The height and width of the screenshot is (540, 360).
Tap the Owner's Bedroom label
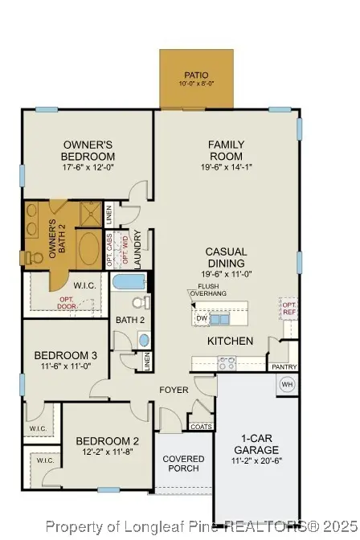[88, 150]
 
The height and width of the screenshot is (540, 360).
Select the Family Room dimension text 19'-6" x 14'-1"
[226, 167]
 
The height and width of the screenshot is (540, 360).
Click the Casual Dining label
[226, 257]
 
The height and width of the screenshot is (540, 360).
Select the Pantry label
[284, 367]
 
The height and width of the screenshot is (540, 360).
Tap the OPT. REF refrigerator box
[288, 309]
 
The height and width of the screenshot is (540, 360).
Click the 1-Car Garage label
[256, 444]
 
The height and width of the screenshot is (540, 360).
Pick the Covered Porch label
[184, 464]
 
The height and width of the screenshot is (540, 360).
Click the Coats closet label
[202, 427]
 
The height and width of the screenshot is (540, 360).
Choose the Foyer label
[174, 391]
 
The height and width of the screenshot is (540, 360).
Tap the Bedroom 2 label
[108, 440]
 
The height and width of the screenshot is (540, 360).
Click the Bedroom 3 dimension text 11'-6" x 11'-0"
[66, 366]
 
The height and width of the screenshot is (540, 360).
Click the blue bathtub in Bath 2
[129, 282]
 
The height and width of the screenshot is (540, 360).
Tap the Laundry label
[138, 249]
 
